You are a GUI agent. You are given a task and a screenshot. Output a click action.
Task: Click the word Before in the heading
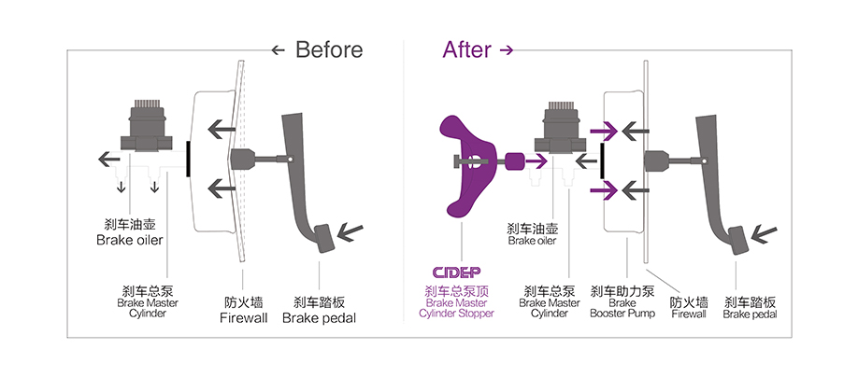329,49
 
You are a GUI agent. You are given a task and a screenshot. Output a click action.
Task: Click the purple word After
467,49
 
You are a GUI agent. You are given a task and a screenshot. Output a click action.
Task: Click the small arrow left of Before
278,50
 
